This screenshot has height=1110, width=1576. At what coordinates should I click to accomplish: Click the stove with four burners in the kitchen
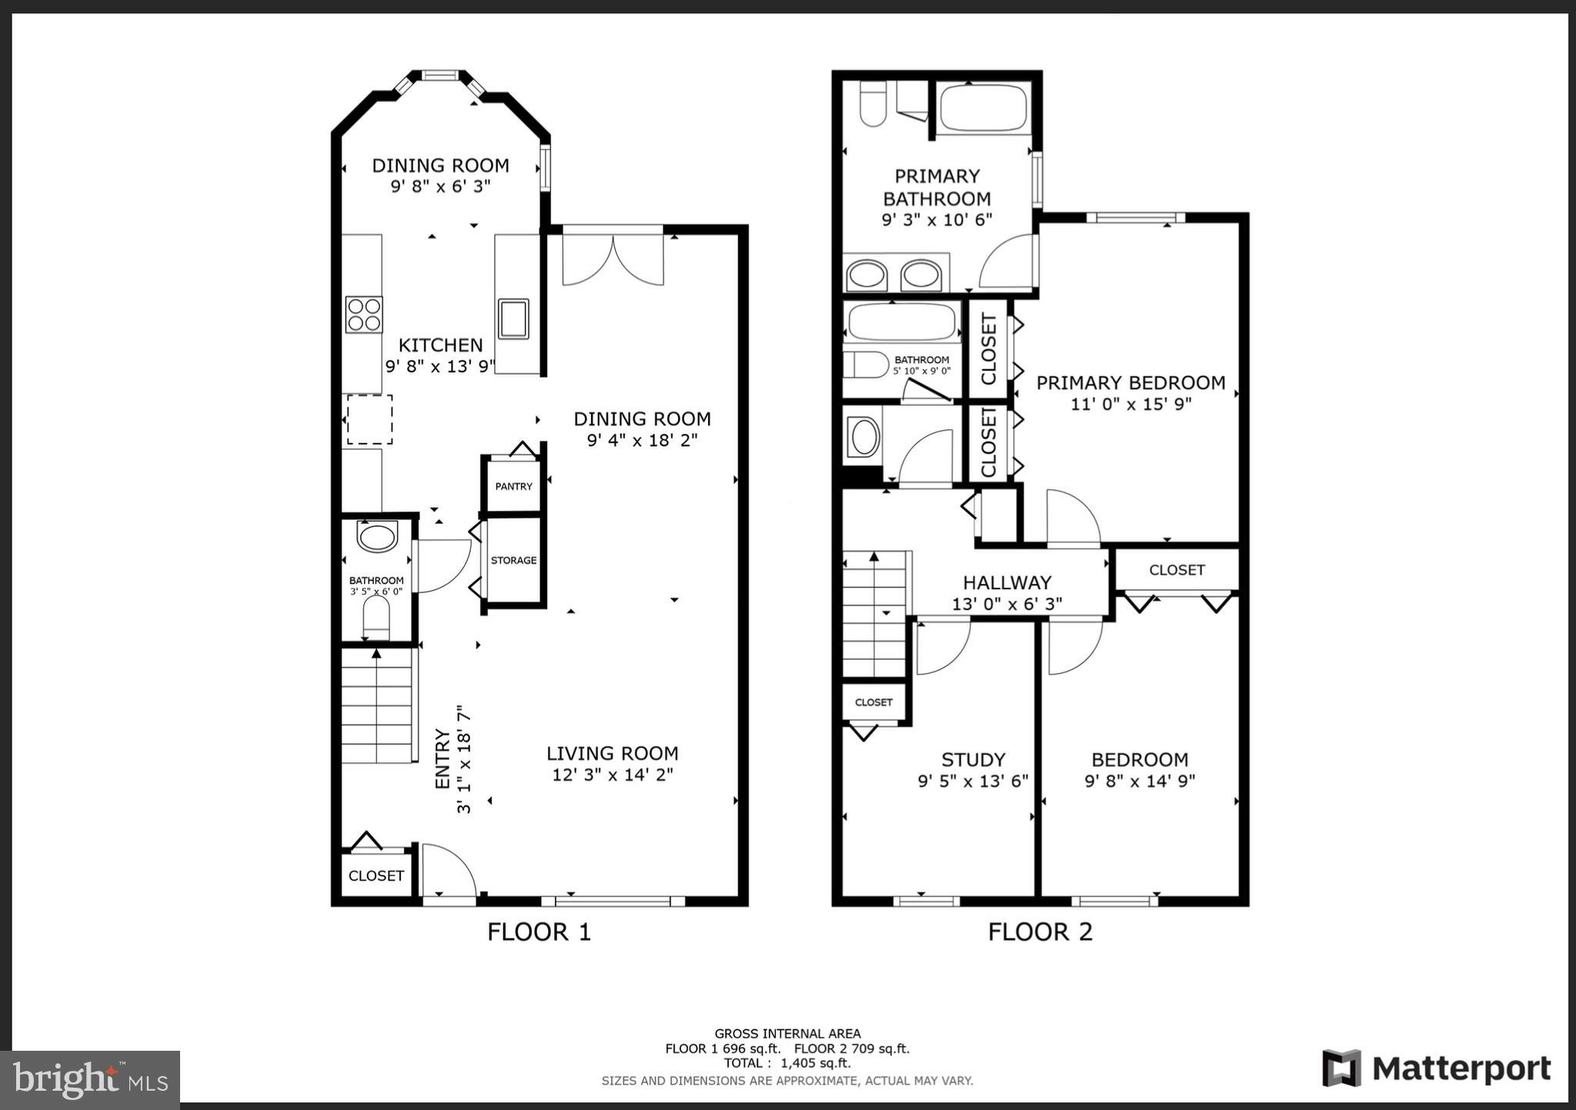point(364,314)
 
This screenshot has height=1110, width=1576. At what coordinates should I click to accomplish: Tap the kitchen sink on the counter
point(513,319)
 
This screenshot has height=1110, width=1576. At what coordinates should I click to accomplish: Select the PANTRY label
point(513,486)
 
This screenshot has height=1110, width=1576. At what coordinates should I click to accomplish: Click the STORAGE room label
point(513,560)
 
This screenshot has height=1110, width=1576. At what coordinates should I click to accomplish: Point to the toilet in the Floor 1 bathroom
point(376,616)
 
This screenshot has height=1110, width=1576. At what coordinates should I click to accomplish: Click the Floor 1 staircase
point(376,705)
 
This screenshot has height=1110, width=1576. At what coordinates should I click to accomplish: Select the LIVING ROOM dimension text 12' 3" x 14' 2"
point(613,775)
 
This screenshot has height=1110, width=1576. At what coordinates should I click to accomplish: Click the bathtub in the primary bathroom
point(983,108)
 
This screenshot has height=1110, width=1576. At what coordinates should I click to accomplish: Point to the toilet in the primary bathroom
point(873,105)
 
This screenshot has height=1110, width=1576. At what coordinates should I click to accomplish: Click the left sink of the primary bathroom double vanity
point(866,275)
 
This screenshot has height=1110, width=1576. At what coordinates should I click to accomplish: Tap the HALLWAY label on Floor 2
point(1007,582)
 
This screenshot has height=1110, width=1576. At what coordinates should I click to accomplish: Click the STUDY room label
point(973,759)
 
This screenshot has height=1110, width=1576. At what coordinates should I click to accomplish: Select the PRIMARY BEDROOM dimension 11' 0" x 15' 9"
point(1130,404)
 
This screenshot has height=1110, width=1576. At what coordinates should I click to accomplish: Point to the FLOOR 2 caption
point(1040,932)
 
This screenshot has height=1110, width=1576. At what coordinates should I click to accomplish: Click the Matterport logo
point(1436,1068)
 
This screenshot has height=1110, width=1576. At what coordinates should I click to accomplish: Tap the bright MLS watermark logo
point(90,1080)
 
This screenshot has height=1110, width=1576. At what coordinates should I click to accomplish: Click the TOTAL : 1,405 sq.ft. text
point(786,1063)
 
